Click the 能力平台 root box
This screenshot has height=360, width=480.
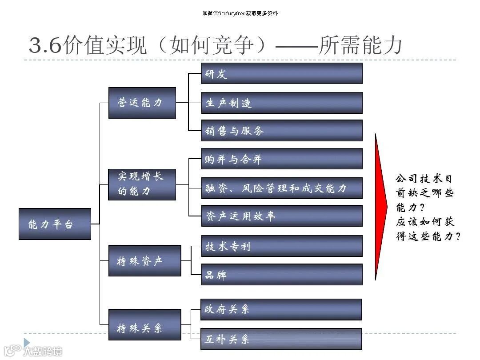click(55, 224)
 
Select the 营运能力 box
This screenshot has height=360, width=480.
click(142, 103)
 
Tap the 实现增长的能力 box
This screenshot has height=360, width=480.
click(142, 184)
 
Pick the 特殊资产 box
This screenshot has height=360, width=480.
click(145, 260)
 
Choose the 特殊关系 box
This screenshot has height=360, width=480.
click(145, 324)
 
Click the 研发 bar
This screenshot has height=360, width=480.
click(282, 73)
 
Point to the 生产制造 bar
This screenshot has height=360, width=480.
click(282, 103)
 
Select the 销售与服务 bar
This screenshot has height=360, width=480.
click(282, 131)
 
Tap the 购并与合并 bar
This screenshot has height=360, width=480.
click(282, 159)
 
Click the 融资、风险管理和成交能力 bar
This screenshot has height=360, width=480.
click(282, 188)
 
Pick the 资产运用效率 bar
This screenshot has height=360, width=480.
click(282, 216)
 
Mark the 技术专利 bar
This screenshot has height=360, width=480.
click(282, 246)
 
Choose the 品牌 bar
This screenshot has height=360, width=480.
click(282, 275)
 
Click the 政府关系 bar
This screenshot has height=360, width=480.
click(281, 309)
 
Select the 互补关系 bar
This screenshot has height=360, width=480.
click(281, 339)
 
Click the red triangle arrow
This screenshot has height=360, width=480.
click(381, 207)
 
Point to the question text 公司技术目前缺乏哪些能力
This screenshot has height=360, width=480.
click(424, 193)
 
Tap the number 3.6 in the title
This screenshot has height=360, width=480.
click(45, 45)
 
